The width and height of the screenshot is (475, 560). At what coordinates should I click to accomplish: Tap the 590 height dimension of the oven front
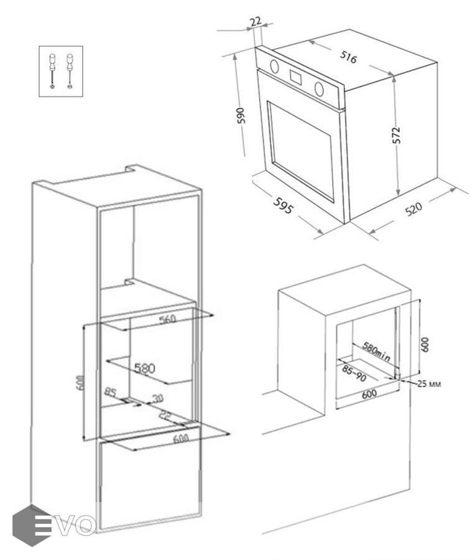(242, 116)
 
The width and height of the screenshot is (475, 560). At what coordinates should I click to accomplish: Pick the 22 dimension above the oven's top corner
(256, 21)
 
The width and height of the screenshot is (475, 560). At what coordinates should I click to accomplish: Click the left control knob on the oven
(274, 65)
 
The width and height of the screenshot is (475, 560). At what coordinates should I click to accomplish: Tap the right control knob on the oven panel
(320, 88)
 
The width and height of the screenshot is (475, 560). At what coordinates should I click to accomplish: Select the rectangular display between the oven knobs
(295, 77)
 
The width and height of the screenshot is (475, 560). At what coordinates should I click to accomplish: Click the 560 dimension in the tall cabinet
(168, 319)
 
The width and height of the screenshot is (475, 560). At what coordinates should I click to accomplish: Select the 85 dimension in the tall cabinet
(111, 393)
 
